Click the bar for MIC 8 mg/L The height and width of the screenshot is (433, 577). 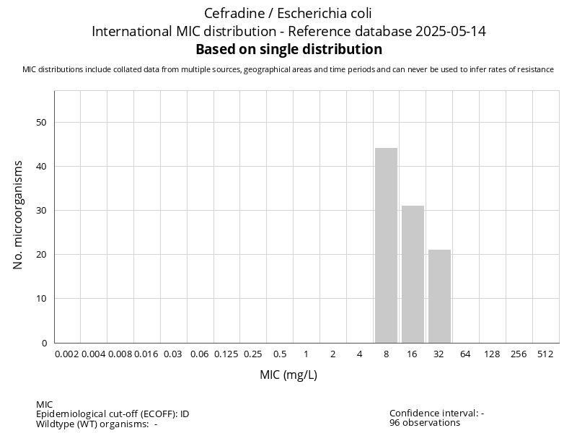386,245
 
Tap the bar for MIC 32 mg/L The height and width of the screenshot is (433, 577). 439,296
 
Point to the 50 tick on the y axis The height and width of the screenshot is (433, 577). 41,123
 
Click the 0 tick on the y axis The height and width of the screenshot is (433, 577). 44,343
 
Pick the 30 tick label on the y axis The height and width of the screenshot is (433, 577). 41,211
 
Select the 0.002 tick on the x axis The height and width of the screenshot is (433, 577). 67,354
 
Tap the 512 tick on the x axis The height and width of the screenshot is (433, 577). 545,354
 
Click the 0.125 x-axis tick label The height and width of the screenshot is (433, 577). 226,354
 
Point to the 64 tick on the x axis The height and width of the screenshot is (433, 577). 466,354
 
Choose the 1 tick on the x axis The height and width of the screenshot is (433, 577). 306,354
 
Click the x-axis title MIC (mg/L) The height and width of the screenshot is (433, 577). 288,375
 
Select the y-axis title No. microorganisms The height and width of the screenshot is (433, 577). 19,215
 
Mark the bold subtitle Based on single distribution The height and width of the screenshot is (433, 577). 288,50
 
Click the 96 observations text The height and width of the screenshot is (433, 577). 425,423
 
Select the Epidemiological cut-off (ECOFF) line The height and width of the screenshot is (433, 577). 113,414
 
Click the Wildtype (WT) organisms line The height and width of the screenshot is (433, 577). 97,424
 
